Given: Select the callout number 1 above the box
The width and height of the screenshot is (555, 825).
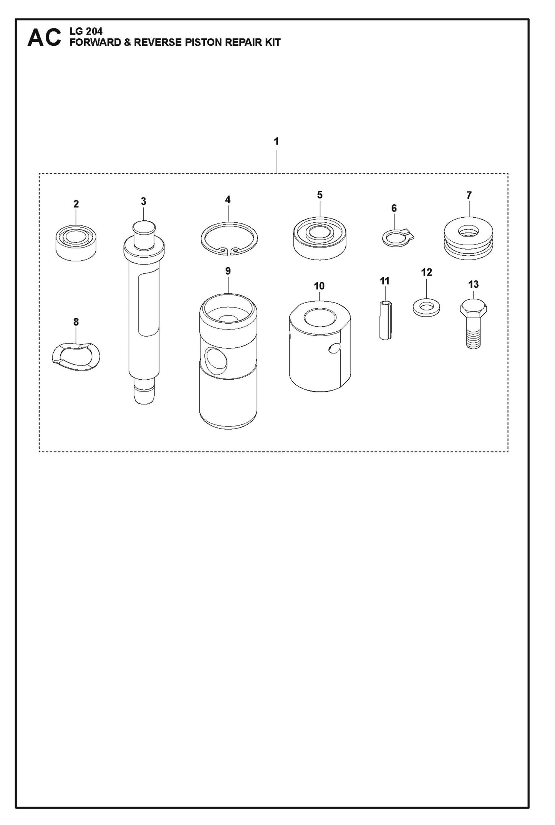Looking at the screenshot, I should click(276, 141).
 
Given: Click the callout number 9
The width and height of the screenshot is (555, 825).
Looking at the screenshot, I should click(228, 271).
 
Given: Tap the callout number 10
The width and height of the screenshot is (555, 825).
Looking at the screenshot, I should click(319, 286).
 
